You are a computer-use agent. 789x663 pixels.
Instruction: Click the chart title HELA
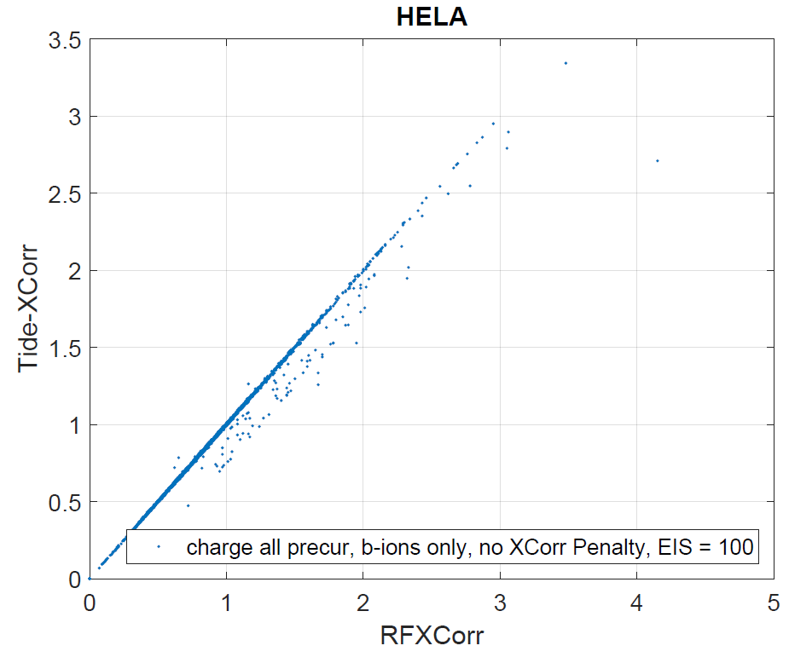pyautogui.click(x=432, y=18)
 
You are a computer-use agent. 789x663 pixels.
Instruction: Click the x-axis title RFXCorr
pyautogui.click(x=431, y=635)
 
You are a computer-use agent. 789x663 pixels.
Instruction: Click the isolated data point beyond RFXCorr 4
pyautogui.click(x=658, y=160)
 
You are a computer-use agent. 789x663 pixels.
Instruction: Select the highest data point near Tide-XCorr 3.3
pyautogui.click(x=566, y=63)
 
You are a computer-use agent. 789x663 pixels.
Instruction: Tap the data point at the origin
pyautogui.click(x=90, y=579)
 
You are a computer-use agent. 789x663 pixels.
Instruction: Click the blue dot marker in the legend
pyautogui.click(x=158, y=546)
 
